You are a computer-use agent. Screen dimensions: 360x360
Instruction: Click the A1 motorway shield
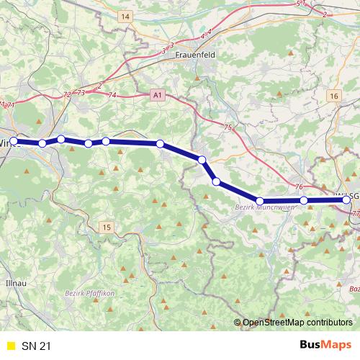(x=158, y=94)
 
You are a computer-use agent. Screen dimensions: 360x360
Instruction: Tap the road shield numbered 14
(x=126, y=16)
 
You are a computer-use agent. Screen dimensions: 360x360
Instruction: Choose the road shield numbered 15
(x=107, y=228)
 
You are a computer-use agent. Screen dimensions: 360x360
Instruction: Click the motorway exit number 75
(x=228, y=127)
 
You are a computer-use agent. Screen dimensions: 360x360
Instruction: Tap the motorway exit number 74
(x=112, y=95)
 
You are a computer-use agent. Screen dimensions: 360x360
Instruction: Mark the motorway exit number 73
(x=81, y=93)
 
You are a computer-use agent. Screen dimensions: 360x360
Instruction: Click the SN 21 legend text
(x=37, y=346)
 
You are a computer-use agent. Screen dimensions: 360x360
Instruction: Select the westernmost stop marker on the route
(x=13, y=141)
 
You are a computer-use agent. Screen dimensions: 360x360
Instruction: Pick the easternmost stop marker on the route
(x=347, y=200)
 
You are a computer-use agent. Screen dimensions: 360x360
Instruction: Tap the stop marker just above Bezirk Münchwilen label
(x=260, y=201)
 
